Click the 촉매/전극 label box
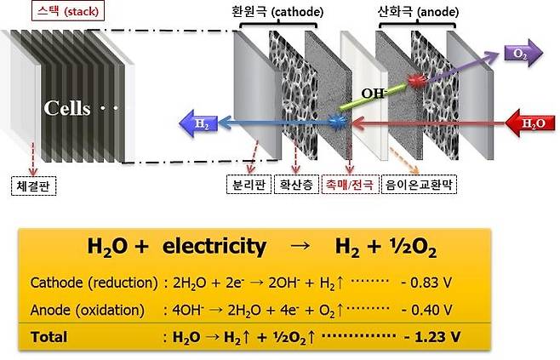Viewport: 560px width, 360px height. tap(349, 182)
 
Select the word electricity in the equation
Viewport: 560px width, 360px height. tap(212, 248)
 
